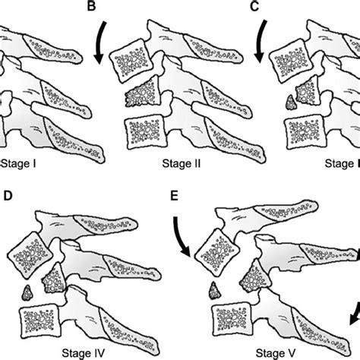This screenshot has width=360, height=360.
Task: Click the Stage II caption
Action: click(180, 163)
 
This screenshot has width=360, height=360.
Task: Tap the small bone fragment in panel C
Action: click(289, 99)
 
